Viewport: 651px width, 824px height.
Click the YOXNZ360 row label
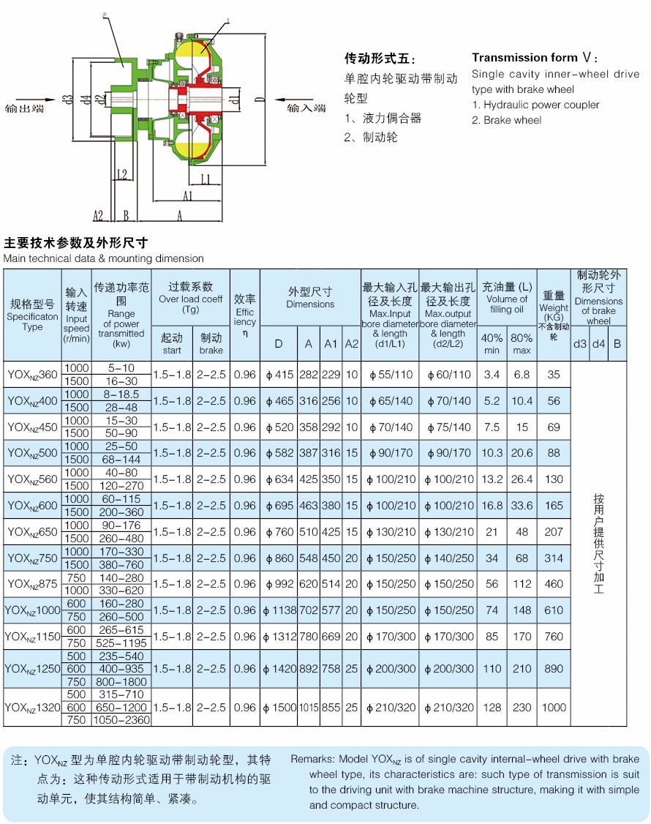coord(32,375)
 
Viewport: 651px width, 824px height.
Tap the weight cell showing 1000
coord(554,708)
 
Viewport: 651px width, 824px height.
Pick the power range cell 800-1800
coord(121,682)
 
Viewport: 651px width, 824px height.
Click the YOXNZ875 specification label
coord(32,584)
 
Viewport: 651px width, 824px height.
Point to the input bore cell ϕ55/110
coord(391,375)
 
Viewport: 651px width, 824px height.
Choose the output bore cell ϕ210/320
coord(448,708)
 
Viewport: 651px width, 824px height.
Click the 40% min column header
coord(492,344)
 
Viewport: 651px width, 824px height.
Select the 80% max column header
coord(522,344)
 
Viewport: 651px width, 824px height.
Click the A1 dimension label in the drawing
coord(188,196)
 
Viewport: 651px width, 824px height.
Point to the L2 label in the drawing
coord(121,174)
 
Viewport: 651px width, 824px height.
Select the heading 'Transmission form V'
coord(535,58)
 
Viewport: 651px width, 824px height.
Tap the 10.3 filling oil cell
coord(492,453)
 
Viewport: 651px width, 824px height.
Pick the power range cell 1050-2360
coord(121,720)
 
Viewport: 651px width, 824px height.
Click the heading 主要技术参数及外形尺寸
coord(76,243)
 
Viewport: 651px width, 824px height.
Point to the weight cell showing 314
coord(554,558)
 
